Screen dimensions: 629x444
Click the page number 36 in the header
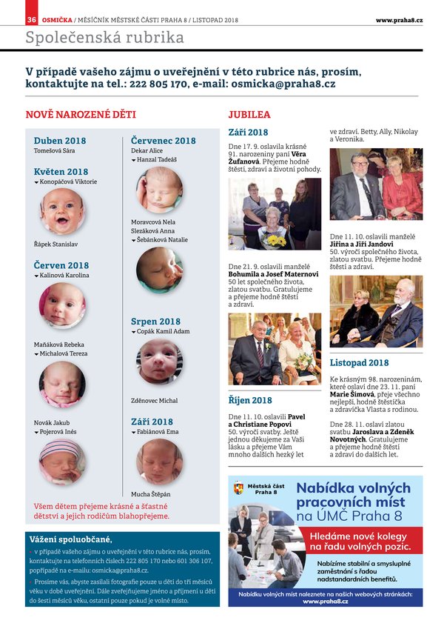(x=32, y=19)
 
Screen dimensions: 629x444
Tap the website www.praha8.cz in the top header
(x=399, y=19)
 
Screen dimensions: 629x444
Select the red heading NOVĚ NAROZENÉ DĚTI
(x=81, y=115)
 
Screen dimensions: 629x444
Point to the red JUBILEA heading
(x=249, y=115)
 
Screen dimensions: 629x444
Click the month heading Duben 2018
(x=60, y=141)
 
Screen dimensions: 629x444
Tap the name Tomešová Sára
(x=55, y=151)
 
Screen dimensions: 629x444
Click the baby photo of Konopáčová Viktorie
(x=62, y=211)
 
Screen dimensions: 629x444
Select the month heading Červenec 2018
(x=164, y=141)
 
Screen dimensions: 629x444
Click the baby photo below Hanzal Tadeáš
(x=159, y=190)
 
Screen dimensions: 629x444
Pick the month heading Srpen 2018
(x=155, y=322)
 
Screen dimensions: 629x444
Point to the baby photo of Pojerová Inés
(x=62, y=462)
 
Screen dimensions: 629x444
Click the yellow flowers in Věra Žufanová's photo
(x=275, y=240)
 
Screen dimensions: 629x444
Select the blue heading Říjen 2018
(x=250, y=401)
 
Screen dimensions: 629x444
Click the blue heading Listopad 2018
(x=359, y=363)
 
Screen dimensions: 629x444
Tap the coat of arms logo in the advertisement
(x=238, y=488)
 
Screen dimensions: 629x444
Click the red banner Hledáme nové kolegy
(x=360, y=540)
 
